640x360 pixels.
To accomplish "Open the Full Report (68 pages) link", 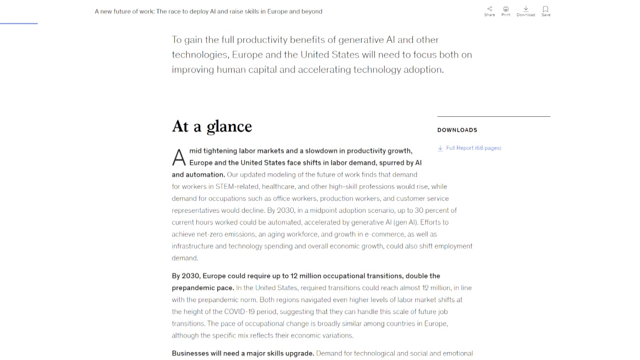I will coord(473,148).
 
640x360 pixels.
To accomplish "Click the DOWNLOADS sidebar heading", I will coord(457,130).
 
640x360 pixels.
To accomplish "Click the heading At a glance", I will coord(212,127).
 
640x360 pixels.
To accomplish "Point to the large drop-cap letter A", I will coord(179,158).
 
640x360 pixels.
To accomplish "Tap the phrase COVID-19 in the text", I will coord(239,312).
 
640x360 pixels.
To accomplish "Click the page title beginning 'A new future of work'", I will coord(208,12).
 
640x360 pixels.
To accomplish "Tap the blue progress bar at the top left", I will coord(19,23).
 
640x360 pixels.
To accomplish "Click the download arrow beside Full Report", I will coord(440,148).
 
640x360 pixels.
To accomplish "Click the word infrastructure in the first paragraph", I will coord(193,246).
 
